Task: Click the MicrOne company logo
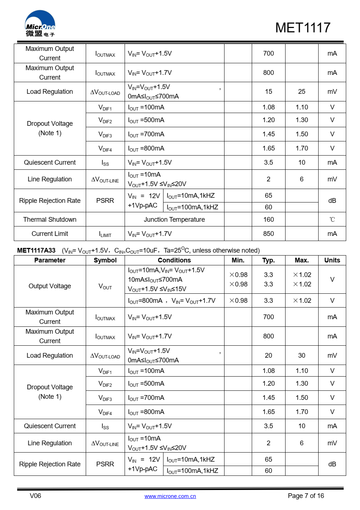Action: point(40,24)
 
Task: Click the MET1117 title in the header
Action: point(303,28)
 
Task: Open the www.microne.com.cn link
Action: point(170,496)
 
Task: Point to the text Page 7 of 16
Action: point(306,496)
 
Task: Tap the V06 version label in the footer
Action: point(35,496)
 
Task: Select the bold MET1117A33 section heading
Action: point(36,250)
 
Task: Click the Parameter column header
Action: point(50,260)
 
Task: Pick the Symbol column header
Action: point(105,260)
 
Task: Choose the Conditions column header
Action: point(174,260)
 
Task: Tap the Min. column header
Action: point(238,260)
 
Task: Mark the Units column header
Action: point(332,260)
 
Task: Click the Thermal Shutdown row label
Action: point(50,220)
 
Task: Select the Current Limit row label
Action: point(50,234)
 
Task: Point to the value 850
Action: point(268,234)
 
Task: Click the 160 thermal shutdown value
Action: point(268,220)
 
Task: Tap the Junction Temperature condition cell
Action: point(174,220)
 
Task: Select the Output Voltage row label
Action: point(50,286)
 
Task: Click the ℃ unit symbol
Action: point(332,220)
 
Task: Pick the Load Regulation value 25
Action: point(302,92)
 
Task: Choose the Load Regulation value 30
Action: point(302,356)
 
